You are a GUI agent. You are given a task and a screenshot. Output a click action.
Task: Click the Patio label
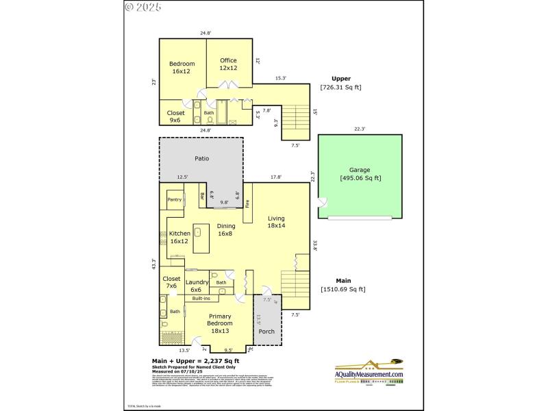pyautogui.click(x=201, y=158)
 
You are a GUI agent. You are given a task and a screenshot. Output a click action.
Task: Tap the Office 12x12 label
pyautogui.click(x=228, y=64)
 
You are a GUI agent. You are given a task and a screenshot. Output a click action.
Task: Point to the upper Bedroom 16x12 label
pyautogui.click(x=182, y=68)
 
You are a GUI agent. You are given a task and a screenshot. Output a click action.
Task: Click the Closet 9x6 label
pyautogui.click(x=175, y=116)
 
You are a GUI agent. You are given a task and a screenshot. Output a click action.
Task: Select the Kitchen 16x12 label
pyautogui.click(x=179, y=237)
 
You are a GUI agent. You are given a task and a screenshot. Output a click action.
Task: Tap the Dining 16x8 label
pyautogui.click(x=226, y=229)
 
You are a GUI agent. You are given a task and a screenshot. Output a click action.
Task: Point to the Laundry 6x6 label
pyautogui.click(x=197, y=286)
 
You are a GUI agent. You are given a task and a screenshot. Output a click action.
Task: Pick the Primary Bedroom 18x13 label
pyautogui.click(x=220, y=327)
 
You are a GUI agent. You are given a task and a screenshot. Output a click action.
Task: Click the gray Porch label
pyautogui.click(x=266, y=332)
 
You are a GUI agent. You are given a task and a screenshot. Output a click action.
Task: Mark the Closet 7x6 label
pyautogui.click(x=171, y=282)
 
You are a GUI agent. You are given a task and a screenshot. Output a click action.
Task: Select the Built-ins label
pyautogui.click(x=201, y=299)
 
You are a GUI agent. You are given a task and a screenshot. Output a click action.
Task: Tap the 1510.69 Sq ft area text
pyautogui.click(x=343, y=289)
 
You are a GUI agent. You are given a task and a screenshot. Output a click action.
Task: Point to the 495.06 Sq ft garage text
pyautogui.click(x=360, y=178)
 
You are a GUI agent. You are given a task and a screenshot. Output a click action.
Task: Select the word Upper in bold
pyautogui.click(x=340, y=78)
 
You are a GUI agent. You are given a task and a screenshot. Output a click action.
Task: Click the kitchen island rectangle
pyautogui.click(x=201, y=238)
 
